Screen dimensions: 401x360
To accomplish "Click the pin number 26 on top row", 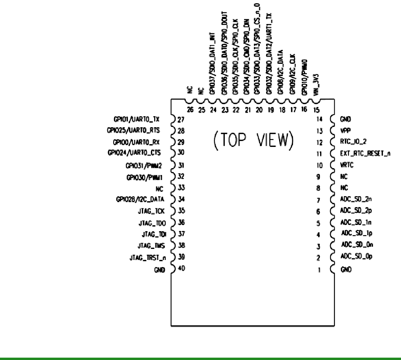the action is pos(190,110).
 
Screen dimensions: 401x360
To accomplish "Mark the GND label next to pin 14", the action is pos(345,119).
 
